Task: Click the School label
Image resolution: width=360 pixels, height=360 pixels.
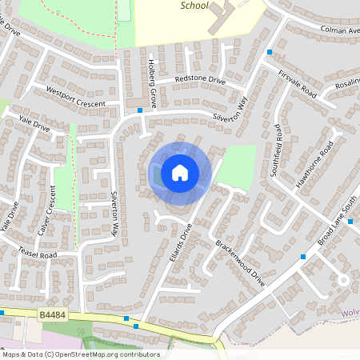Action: (x=194, y=6)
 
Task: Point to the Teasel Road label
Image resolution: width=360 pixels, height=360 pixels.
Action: (x=38, y=254)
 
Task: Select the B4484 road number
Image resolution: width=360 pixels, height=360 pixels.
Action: (x=53, y=318)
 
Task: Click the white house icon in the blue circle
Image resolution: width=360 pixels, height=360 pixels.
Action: (x=180, y=172)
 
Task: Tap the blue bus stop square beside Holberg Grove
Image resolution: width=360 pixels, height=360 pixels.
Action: (x=140, y=110)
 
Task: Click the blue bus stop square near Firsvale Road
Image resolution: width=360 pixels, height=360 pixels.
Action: (x=270, y=52)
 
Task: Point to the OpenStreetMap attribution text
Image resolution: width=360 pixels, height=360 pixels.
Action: (x=81, y=354)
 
